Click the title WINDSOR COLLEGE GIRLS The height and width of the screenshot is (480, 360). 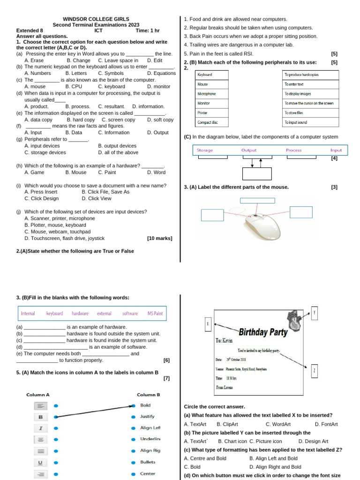pos(95,19)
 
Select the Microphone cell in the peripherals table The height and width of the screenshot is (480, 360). pos(211,94)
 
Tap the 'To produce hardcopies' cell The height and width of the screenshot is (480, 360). pos(310,75)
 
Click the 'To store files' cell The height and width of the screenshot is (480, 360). pos(310,113)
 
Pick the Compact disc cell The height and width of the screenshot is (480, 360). pos(211,122)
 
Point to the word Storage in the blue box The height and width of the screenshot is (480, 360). pos(205,150)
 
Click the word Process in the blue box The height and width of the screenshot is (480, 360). pos(293,150)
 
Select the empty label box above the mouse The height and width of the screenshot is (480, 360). pos(257,201)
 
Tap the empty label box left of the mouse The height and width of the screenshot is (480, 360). pos(212,215)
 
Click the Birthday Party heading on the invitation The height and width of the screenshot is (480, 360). pos(263,332)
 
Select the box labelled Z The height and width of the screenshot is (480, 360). pos(315,371)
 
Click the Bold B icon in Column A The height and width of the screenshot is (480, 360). pos(40,417)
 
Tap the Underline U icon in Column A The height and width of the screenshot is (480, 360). pos(40,462)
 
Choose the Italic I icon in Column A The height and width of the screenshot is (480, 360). pos(40,428)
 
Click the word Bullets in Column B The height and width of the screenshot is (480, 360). pos(148,462)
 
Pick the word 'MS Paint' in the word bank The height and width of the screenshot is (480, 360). pos(155,314)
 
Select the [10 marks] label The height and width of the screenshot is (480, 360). pos(159,238)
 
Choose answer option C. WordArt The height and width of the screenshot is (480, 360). pos(278,424)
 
